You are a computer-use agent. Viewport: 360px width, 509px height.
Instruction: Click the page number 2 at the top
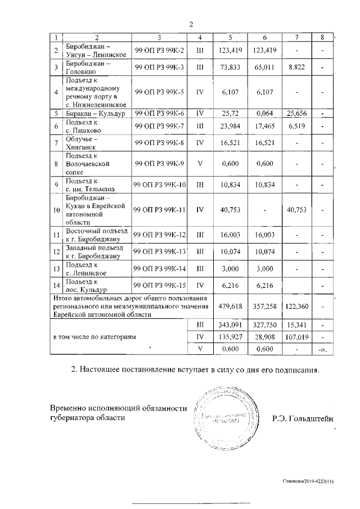(x=191, y=24)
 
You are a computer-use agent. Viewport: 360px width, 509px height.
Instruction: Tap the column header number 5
(x=230, y=38)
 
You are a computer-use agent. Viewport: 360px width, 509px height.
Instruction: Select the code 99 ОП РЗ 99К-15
(x=160, y=285)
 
